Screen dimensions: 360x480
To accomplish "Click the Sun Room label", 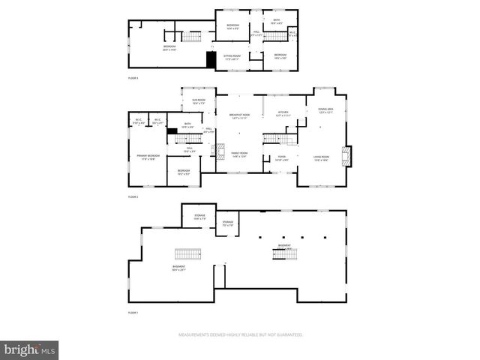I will click(199, 101).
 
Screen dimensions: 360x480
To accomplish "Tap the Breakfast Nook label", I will click(239, 115).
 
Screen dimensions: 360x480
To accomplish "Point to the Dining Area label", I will click(325, 111).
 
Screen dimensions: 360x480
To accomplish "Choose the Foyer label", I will click(280, 158).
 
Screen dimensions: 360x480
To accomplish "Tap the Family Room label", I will click(239, 155).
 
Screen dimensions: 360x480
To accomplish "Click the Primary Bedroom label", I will click(145, 157).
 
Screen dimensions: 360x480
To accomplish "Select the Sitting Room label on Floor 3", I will click(232, 57).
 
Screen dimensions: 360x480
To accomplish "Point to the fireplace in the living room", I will click(346, 155).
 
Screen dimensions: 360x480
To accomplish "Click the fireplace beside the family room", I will click(220, 152).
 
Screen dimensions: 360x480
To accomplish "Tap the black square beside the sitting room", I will click(211, 60).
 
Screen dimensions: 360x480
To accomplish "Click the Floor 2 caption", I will click(133, 196).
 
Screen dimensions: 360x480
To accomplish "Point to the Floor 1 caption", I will click(133, 312).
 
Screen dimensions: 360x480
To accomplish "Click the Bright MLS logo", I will click(29, 349).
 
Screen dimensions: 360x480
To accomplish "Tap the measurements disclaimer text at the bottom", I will click(240, 334).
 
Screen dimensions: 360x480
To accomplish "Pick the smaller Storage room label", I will click(227, 223).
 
